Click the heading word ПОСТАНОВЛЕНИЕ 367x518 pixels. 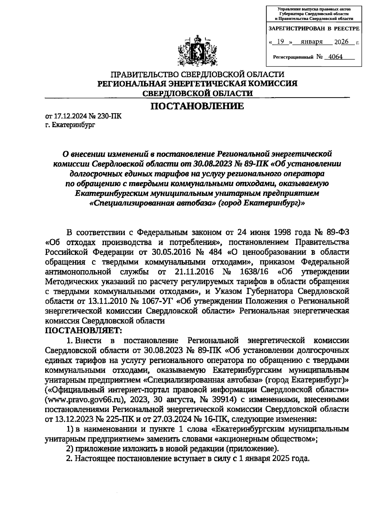197,106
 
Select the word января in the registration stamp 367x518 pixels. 312,42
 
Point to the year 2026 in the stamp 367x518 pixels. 341,42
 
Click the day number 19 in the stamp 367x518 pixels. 280,42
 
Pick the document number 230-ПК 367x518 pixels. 109,116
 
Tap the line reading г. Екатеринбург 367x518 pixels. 70,125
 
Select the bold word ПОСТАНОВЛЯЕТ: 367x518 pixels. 83,330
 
